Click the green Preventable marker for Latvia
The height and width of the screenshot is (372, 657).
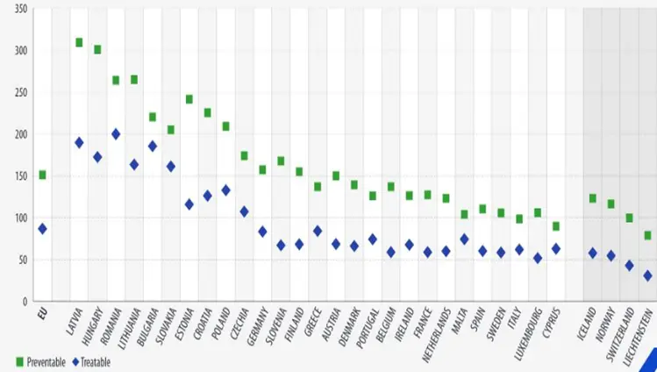tap(79, 43)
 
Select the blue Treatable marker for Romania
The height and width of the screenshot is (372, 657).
tap(116, 134)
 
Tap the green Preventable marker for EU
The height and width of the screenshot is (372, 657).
tap(42, 175)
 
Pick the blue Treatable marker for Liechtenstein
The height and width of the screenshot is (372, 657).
tap(647, 275)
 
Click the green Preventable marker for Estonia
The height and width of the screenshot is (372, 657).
tap(189, 99)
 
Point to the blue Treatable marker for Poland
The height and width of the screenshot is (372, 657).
tap(225, 190)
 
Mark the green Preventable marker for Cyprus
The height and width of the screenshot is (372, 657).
tap(555, 226)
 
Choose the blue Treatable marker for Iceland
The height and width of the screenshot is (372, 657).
tap(592, 254)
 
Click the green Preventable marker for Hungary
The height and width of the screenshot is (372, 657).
tap(97, 49)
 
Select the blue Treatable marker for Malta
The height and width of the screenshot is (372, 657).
tap(464, 239)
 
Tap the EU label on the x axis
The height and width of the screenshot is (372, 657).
tap(40, 311)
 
